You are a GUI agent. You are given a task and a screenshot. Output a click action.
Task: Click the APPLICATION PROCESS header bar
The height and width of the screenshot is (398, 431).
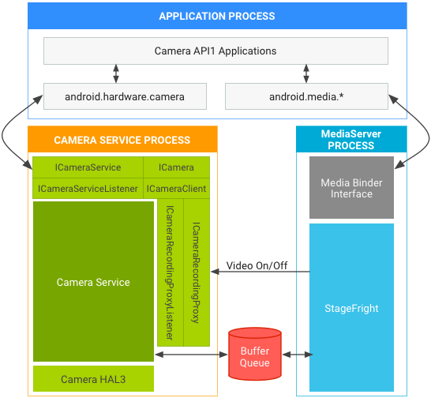click(x=217, y=17)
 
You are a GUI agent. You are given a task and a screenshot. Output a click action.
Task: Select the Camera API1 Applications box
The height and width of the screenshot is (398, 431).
click(x=215, y=51)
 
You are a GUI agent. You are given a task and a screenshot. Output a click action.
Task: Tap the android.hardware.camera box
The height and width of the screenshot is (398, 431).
click(x=125, y=97)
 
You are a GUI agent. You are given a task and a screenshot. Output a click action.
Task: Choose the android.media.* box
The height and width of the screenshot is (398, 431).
click(x=306, y=97)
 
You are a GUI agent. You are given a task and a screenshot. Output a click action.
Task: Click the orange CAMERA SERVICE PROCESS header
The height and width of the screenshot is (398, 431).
click(x=122, y=140)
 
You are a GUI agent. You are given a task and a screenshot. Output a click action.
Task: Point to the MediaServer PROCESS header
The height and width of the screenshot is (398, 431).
click(x=351, y=140)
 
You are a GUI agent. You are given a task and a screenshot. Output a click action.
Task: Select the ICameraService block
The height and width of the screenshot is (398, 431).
click(x=88, y=167)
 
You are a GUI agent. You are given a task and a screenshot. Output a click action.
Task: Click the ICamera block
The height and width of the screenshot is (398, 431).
click(x=176, y=167)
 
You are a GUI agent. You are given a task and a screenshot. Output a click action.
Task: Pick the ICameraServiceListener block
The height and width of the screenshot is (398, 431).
click(x=88, y=189)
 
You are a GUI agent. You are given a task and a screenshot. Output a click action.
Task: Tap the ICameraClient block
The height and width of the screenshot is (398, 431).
click(x=176, y=189)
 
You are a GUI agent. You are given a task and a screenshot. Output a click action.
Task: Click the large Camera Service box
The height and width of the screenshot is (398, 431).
click(x=93, y=282)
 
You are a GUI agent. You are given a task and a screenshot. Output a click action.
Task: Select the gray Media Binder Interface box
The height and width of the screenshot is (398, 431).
click(x=351, y=188)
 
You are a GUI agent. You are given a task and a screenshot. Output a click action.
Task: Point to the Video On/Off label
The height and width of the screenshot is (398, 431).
click(x=257, y=265)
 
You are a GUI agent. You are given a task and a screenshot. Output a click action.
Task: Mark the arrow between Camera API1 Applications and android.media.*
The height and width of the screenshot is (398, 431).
click(x=306, y=74)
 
